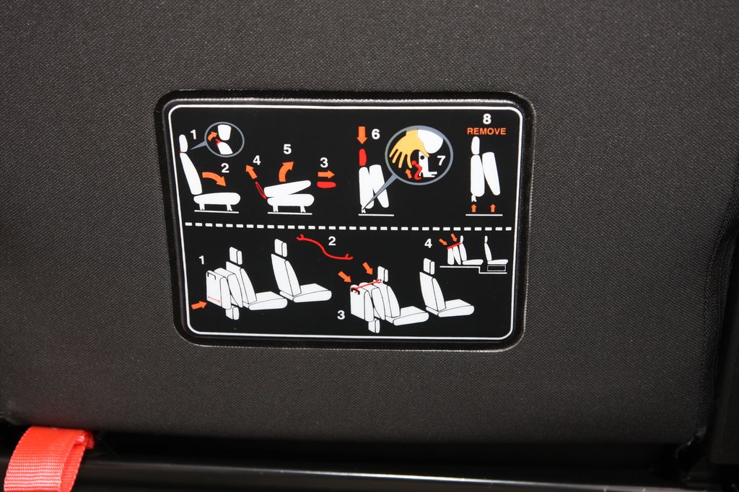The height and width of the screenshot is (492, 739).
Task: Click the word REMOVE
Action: (486, 131)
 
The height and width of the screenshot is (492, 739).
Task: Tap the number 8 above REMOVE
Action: (487, 119)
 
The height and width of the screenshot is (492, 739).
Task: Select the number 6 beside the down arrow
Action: (375, 134)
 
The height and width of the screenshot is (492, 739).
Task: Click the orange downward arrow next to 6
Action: (362, 134)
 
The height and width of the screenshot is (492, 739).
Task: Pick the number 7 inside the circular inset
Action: (441, 161)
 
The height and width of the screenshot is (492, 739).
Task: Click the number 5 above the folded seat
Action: (287, 149)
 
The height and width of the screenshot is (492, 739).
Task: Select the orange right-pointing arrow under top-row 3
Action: (326, 175)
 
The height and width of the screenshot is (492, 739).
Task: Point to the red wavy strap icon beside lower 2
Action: (325, 248)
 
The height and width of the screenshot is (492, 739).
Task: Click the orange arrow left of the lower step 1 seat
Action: (199, 305)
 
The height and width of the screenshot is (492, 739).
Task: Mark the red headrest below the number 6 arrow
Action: (362, 157)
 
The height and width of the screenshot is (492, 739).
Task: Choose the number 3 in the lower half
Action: (341, 315)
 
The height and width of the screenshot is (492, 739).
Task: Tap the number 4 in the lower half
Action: (428, 243)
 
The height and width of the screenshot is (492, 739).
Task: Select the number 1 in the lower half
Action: (202, 260)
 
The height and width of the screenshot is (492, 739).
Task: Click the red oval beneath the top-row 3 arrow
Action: (326, 184)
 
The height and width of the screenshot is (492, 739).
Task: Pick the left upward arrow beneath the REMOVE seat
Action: (473, 208)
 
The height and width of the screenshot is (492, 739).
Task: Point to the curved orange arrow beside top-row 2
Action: (214, 179)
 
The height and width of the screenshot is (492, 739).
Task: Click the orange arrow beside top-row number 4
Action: (251, 172)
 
